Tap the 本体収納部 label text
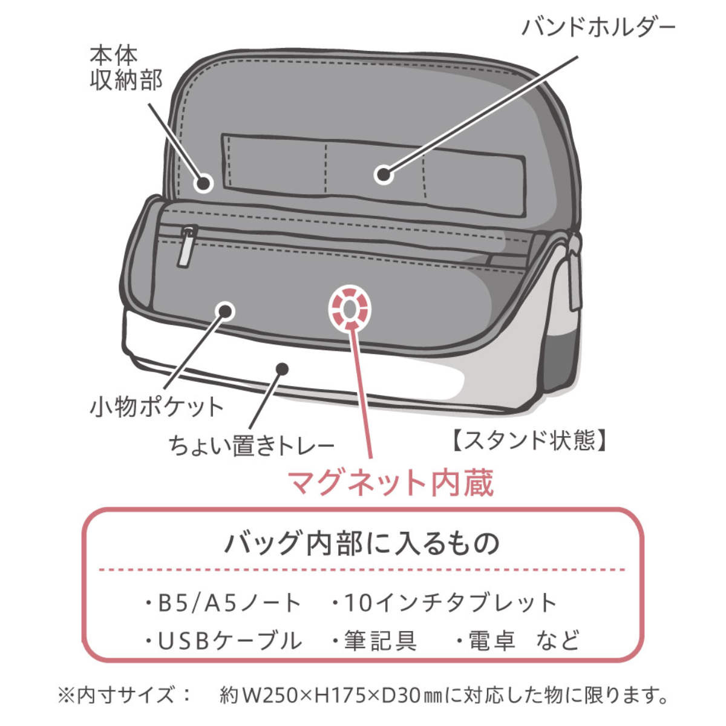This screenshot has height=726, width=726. point(126,68)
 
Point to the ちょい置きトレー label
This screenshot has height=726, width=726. point(251,445)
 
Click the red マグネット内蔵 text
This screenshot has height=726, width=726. point(391,483)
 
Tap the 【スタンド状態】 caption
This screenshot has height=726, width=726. point(529,440)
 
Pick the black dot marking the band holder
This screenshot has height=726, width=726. point(384,175)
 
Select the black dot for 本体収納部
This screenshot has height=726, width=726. point(203,183)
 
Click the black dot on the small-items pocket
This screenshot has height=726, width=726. point(225,311)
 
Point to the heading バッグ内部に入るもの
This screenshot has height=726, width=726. point(362,544)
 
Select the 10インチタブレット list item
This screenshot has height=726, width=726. point(445,603)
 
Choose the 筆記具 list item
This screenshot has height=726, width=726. point(375,641)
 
